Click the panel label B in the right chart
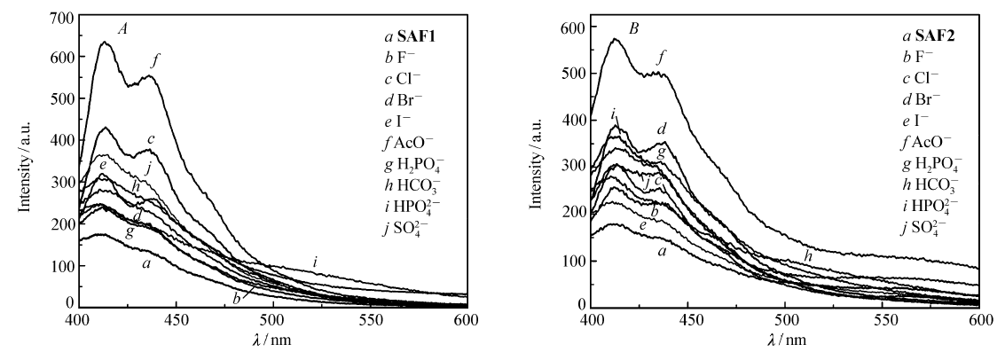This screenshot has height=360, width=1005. (x=633, y=27)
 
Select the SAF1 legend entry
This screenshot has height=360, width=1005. (x=404, y=38)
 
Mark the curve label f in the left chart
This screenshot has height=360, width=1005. (x=156, y=60)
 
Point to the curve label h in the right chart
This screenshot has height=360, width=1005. (x=808, y=255)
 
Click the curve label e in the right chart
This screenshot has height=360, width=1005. (x=641, y=228)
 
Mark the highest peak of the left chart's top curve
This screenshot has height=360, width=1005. (x=104, y=42)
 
